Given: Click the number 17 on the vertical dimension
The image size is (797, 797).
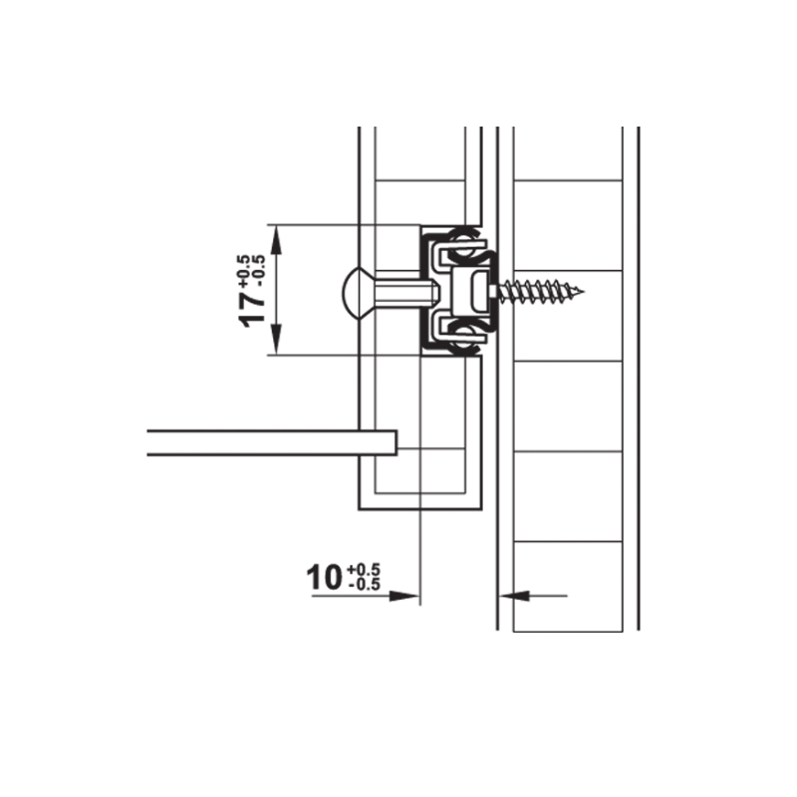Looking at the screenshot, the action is click(252, 310).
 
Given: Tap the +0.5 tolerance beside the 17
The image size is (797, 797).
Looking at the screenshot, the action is click(243, 271).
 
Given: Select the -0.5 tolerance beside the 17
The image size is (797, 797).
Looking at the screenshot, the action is click(258, 272).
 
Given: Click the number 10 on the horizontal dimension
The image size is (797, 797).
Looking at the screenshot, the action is click(324, 578).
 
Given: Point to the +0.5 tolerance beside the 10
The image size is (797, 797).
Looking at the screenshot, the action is click(364, 570).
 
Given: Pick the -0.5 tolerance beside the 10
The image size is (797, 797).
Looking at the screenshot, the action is click(365, 585).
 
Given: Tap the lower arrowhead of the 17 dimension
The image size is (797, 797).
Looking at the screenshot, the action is click(276, 340).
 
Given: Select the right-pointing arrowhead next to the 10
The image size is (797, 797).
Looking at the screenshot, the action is click(403, 596).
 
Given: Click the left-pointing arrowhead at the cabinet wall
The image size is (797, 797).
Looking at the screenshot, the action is click(515, 595).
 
